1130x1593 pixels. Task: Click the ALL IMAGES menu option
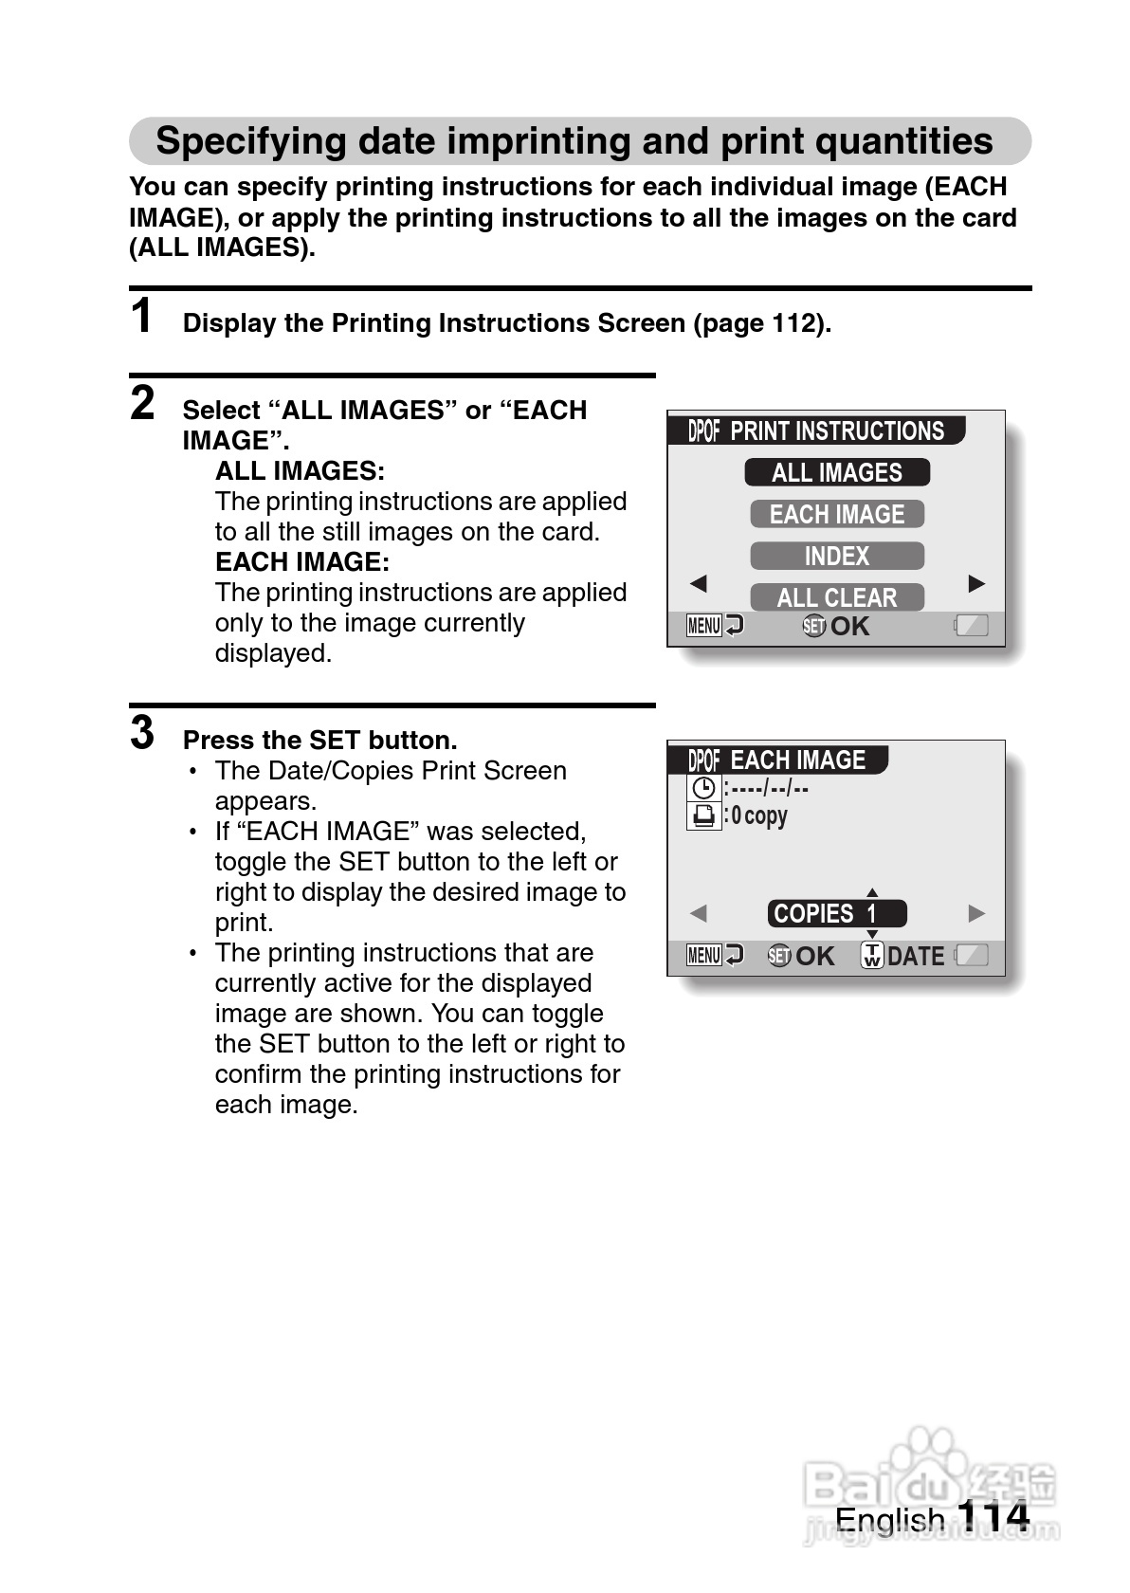[x=836, y=472]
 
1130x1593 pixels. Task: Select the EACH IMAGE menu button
[x=836, y=514]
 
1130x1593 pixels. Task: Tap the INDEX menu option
[x=836, y=556]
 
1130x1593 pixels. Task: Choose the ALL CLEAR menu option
[x=836, y=597]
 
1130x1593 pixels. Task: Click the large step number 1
[x=141, y=316]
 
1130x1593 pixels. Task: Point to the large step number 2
[x=142, y=403]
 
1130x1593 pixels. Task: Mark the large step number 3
[x=142, y=733]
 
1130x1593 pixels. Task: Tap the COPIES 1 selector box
[x=836, y=914]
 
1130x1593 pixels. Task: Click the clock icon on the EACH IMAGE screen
[x=703, y=788]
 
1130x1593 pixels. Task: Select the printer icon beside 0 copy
[x=703, y=815]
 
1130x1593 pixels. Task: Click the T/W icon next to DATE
[x=871, y=956]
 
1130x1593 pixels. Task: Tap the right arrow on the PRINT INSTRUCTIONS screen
[x=976, y=583]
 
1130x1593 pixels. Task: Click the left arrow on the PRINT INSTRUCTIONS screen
[x=699, y=583]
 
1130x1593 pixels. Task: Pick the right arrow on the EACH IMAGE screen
[x=976, y=913]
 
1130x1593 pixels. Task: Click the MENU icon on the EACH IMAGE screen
[x=704, y=956]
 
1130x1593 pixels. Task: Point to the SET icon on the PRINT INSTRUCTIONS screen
[x=813, y=626]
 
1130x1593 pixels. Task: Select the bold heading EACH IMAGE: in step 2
[x=301, y=562]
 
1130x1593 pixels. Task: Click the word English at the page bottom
[x=889, y=1519]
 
